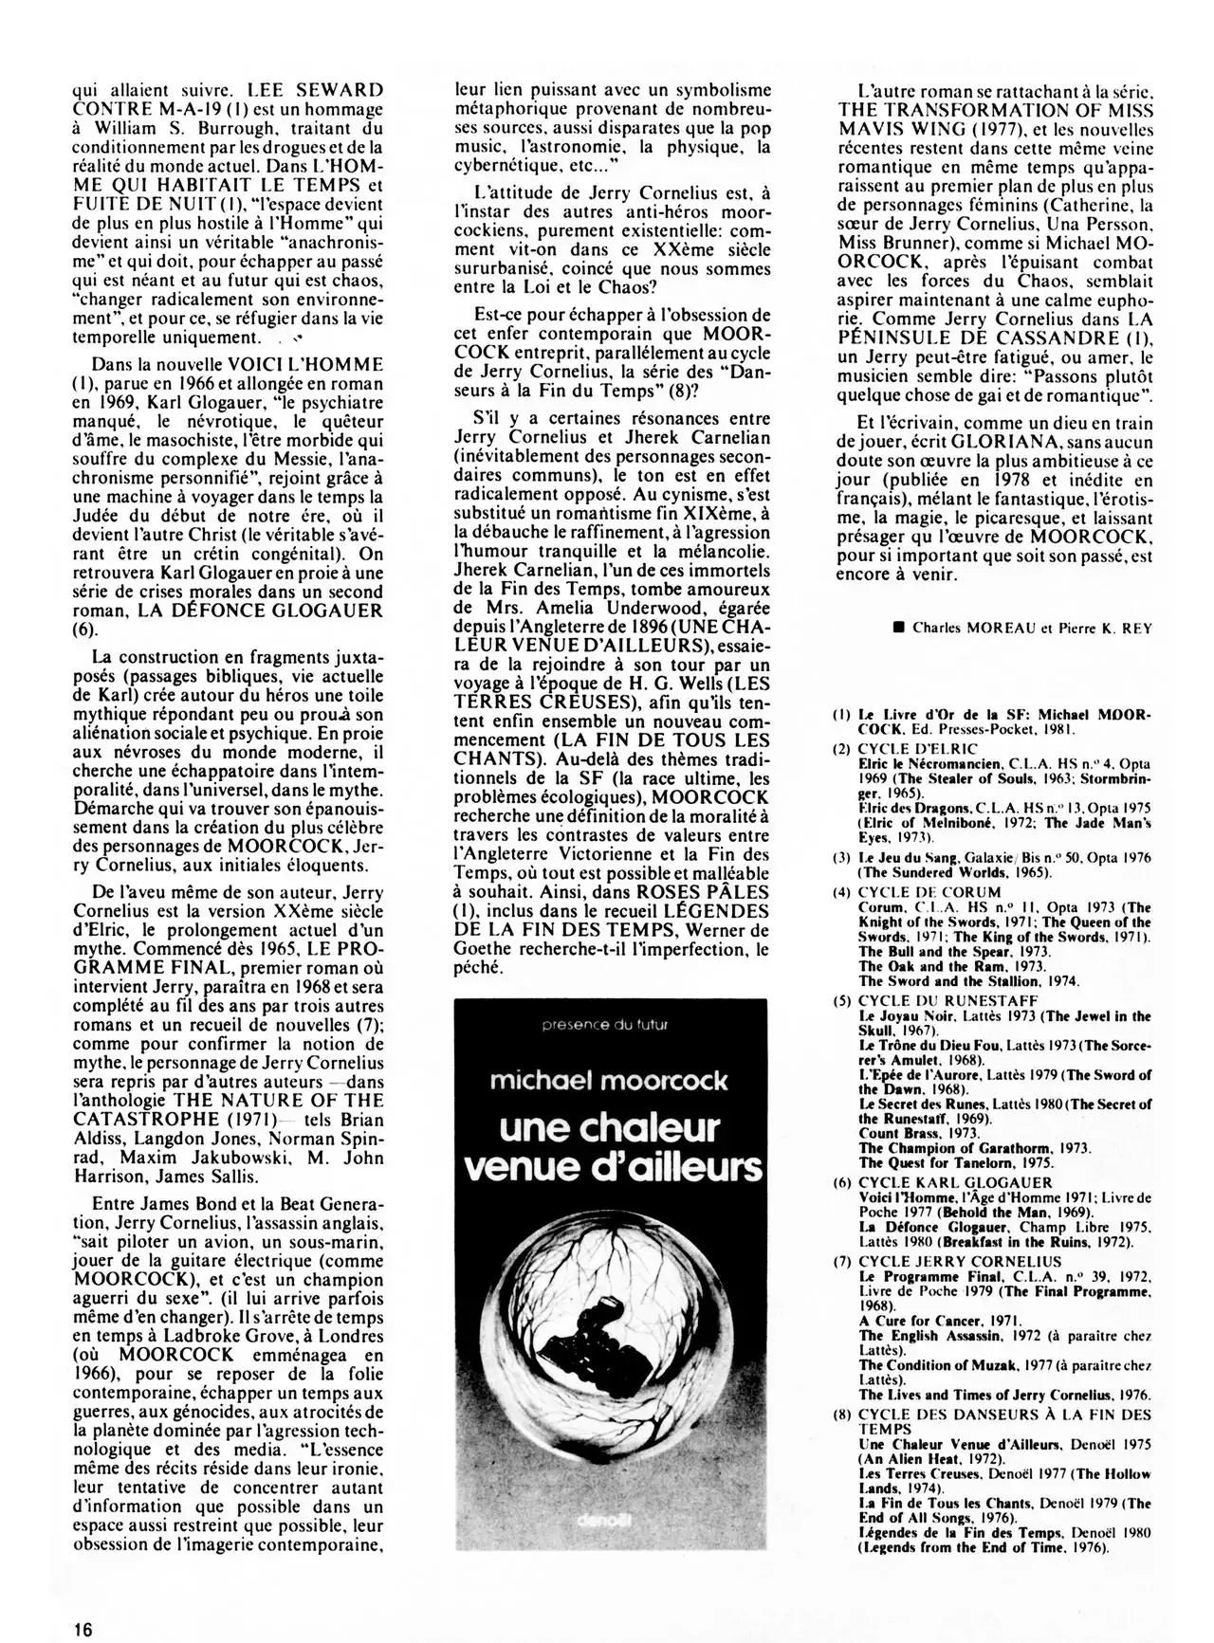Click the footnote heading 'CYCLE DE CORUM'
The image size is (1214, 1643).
tap(915, 891)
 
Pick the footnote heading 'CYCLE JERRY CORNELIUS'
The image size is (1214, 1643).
tap(947, 1262)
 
